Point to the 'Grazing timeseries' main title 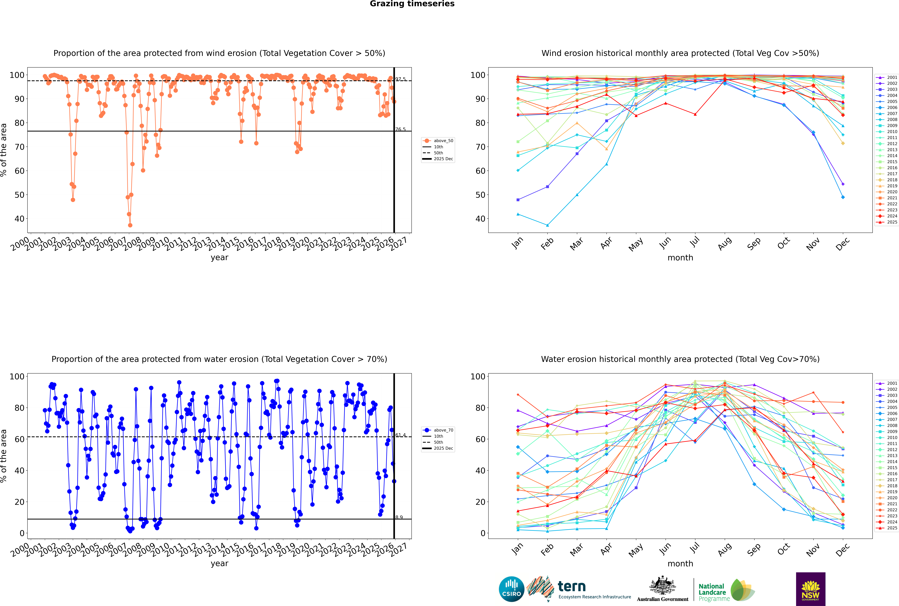click(x=412, y=4)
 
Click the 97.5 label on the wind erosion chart click(x=400, y=79)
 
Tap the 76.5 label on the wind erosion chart click(x=400, y=129)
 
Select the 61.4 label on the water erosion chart click(x=400, y=435)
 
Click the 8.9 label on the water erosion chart click(x=399, y=517)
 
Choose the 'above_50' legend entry click(x=443, y=141)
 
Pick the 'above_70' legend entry click(x=443, y=430)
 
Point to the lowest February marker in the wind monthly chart click(x=547, y=225)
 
